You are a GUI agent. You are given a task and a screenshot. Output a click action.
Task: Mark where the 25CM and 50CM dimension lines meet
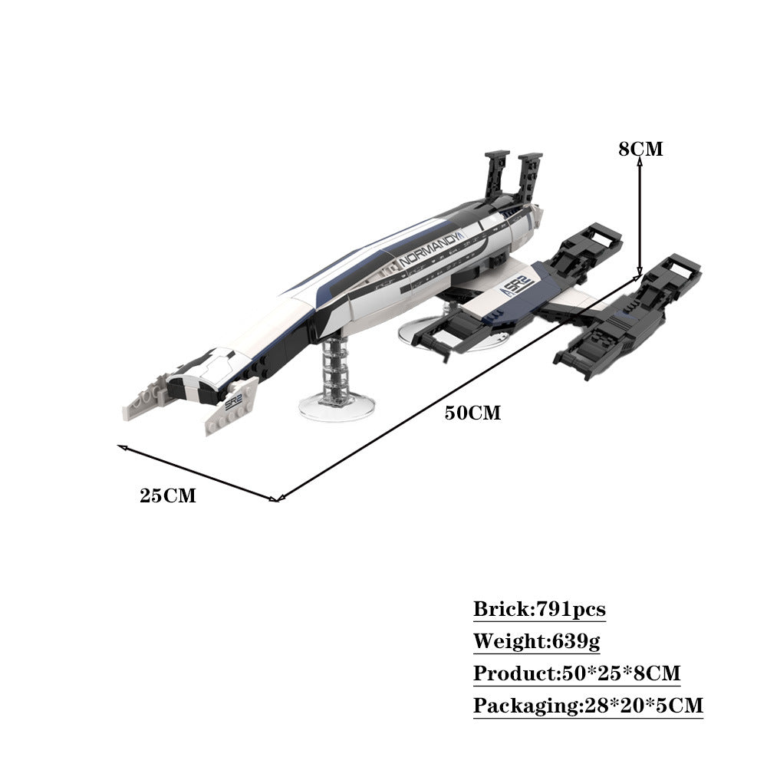[x=277, y=500]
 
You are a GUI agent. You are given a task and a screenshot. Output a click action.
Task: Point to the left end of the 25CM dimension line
[x=118, y=446]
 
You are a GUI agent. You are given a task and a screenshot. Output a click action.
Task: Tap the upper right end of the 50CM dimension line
[x=640, y=276]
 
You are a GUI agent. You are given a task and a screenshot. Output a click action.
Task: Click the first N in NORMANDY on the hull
[x=403, y=262]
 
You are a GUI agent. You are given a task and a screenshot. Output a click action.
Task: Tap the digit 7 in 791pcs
[x=543, y=609]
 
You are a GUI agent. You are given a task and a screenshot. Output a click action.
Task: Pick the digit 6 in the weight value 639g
[x=559, y=640]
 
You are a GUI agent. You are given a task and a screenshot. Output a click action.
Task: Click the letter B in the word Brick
[x=482, y=609]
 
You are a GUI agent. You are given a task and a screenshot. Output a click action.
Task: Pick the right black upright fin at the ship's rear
[x=529, y=177]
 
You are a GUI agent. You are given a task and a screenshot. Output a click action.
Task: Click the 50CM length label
[x=472, y=413]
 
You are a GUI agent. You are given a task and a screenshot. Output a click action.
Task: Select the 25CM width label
[x=168, y=496]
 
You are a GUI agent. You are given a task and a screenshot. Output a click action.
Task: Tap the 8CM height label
[x=640, y=150]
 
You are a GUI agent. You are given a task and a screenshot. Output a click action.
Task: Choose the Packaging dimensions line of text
[x=588, y=706]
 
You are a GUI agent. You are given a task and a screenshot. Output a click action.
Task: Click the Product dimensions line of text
[x=577, y=673]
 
